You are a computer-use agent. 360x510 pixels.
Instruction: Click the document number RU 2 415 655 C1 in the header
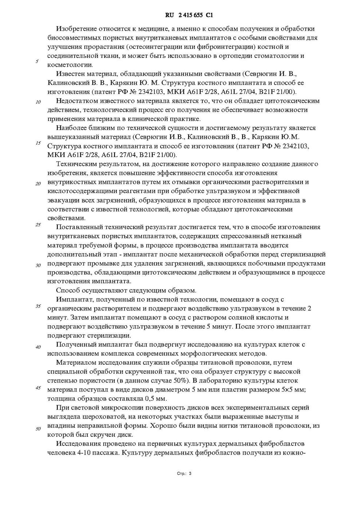189,15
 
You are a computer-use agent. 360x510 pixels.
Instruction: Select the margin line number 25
38,224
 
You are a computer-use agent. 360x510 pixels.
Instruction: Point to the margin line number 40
38,347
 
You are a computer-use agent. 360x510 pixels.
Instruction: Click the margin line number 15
38,143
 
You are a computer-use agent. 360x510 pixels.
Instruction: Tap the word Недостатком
76,101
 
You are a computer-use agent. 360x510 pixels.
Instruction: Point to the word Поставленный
77,227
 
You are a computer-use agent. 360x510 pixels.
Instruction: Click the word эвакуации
62,200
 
